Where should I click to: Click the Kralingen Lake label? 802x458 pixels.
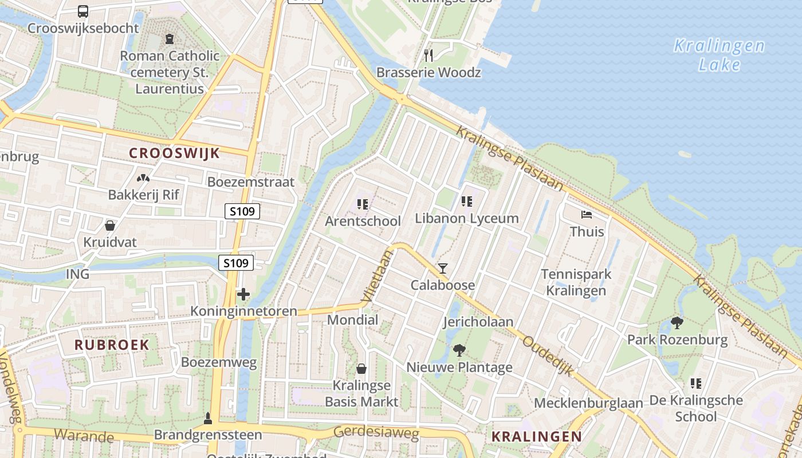(x=720, y=55)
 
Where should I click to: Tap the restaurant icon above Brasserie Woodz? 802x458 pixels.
(x=428, y=55)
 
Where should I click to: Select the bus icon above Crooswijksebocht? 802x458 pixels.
(x=83, y=11)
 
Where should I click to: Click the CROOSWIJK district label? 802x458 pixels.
(x=174, y=153)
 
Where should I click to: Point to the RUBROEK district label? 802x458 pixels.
(x=112, y=345)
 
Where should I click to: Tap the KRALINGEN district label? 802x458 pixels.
(x=537, y=436)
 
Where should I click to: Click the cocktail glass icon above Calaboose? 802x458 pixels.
(x=443, y=268)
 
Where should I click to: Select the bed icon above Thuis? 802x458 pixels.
(x=587, y=215)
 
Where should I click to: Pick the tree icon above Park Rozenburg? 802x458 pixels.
(x=677, y=323)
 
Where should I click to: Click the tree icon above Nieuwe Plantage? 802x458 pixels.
(x=459, y=350)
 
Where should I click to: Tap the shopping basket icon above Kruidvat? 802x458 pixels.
(x=110, y=226)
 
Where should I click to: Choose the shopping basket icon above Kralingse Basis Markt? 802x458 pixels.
(x=361, y=368)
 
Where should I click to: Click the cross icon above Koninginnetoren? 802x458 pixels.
(x=243, y=295)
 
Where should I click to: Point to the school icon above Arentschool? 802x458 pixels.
(x=362, y=204)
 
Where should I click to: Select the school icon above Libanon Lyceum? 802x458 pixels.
(x=467, y=201)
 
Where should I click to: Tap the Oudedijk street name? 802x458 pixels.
(x=548, y=356)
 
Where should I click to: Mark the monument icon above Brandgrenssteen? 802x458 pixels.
(x=208, y=418)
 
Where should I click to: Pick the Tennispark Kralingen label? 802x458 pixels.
(x=576, y=282)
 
